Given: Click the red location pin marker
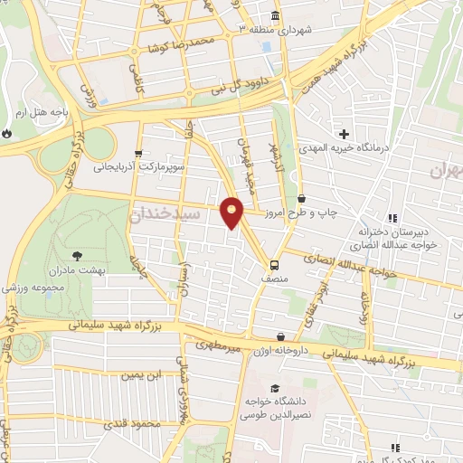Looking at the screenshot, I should [232, 213].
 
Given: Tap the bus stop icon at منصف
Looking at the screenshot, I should [272, 265].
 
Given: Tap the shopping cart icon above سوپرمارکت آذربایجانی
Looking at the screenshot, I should [137, 154].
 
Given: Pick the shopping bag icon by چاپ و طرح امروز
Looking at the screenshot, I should [301, 198].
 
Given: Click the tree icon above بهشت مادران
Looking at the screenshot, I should [76, 256].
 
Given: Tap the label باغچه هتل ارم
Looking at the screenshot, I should [42, 113].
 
